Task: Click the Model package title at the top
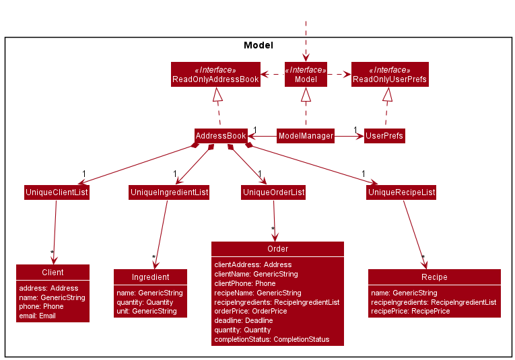pyautogui.click(x=258, y=46)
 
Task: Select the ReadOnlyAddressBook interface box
pyautogui.click(x=215, y=75)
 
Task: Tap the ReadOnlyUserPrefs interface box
pyautogui.click(x=389, y=75)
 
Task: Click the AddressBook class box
pyautogui.click(x=221, y=136)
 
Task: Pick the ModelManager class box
pyautogui.click(x=306, y=136)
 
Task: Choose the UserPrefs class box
pyautogui.click(x=384, y=136)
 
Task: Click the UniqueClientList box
pyautogui.click(x=57, y=192)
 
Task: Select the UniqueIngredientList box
pyautogui.click(x=169, y=192)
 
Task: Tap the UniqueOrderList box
pyautogui.click(x=273, y=192)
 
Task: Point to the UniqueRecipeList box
pyautogui.click(x=401, y=192)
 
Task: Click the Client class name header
pyautogui.click(x=53, y=273)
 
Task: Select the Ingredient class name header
pyautogui.click(x=150, y=277)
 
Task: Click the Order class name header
pyautogui.click(x=277, y=249)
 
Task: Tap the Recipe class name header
pyautogui.click(x=434, y=277)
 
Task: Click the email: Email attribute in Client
pyautogui.click(x=38, y=316)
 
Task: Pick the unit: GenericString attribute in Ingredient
pyautogui.click(x=147, y=311)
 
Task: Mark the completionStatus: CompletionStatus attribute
pyautogui.click(x=271, y=339)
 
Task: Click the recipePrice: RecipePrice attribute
pyautogui.click(x=410, y=311)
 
